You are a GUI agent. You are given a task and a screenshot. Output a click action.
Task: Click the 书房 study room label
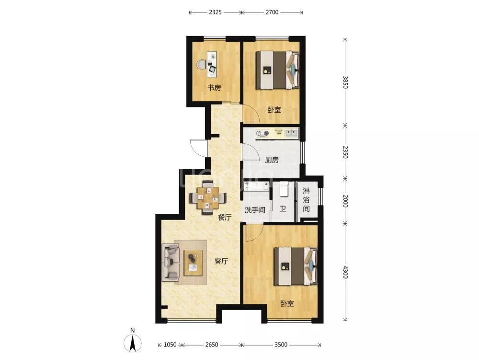coord(214,88)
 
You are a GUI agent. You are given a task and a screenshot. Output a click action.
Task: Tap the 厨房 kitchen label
coord(272,160)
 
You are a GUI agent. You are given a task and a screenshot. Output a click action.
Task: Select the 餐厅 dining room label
coord(225,217)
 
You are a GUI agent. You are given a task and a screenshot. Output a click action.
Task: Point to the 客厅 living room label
coord(221,261)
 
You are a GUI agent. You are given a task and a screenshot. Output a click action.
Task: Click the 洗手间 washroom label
coord(255,210)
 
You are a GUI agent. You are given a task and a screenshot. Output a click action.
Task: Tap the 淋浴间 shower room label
coord(306,200)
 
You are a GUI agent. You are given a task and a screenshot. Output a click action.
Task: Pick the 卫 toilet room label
coord(283,209)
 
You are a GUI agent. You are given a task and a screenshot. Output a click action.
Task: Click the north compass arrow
coord(133,343)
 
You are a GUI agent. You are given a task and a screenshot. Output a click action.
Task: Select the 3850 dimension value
coord(345,82)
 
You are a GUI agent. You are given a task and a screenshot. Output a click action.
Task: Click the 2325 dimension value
coord(216,12)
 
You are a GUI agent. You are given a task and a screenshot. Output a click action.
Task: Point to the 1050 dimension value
coord(170,345)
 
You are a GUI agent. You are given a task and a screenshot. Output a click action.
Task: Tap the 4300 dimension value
coord(345,272)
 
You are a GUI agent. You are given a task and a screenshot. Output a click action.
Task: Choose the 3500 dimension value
coord(281,345)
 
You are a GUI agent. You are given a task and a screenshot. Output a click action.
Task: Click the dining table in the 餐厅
coord(208,197)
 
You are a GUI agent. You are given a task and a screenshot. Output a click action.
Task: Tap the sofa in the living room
coord(170,262)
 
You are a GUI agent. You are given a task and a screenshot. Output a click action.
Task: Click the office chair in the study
coord(201,65)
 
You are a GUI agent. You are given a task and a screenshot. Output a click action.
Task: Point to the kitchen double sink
coord(291,133)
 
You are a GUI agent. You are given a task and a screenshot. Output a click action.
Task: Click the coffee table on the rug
coord(193,263)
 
